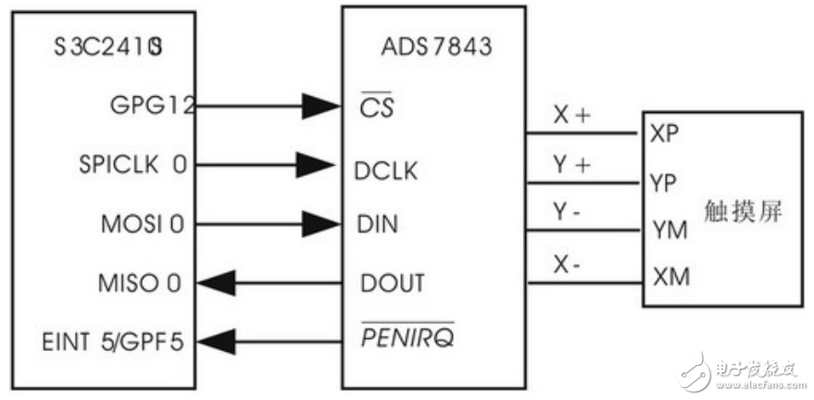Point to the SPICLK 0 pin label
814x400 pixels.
pos(132,166)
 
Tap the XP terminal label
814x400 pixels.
pos(665,133)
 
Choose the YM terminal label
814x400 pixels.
pos(669,230)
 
